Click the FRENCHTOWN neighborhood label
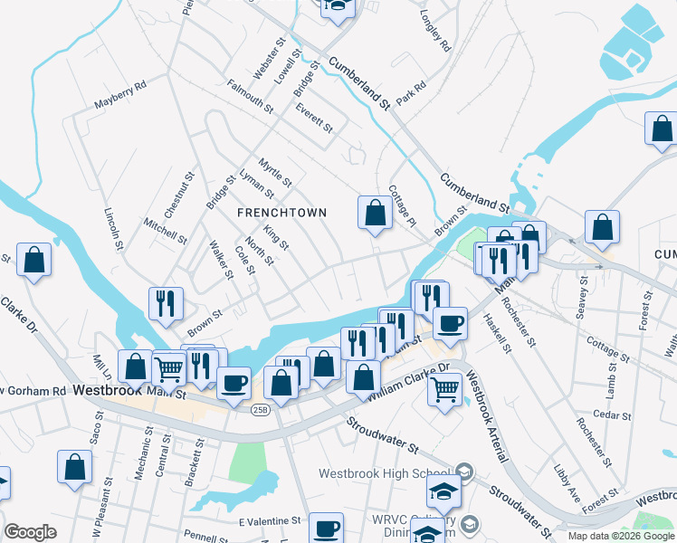click(281, 212)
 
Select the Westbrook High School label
click(384, 473)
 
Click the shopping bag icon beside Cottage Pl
click(374, 214)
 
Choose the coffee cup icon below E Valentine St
click(326, 529)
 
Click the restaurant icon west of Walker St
click(165, 304)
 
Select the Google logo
click(30, 532)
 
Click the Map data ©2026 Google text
click(620, 536)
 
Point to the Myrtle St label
click(275, 171)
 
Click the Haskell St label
click(497, 333)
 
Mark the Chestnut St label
click(180, 195)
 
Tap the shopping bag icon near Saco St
click(75, 467)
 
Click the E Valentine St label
click(269, 521)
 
